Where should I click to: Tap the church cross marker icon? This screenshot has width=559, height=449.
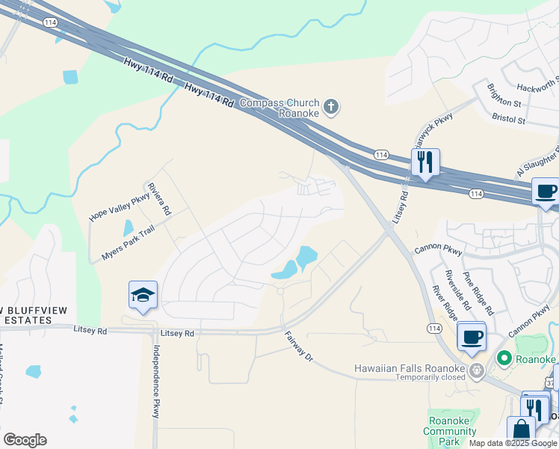pyautogui.click(x=332, y=108)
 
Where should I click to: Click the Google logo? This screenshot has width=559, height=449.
pyautogui.click(x=25, y=439)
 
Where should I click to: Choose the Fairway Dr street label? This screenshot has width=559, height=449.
pyautogui.click(x=298, y=346)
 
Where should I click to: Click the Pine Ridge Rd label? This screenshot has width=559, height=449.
pyautogui.click(x=478, y=293)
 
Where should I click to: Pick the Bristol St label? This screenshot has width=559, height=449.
pyautogui.click(x=509, y=119)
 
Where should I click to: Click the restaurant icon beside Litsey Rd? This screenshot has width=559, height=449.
pyautogui.click(x=424, y=162)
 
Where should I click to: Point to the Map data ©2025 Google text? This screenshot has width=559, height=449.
pyautogui.click(x=513, y=443)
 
